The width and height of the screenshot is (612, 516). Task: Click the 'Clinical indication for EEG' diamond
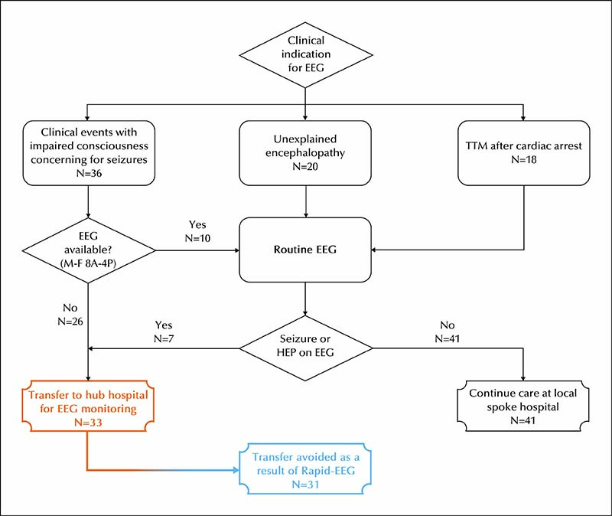[x=305, y=54]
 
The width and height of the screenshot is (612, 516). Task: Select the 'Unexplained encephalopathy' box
[x=305, y=152]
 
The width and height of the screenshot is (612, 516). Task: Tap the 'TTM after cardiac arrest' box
[x=523, y=152]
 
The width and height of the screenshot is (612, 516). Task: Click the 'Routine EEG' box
[x=305, y=250]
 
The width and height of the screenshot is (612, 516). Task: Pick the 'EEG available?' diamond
[x=89, y=250]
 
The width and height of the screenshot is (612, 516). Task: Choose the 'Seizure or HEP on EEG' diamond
[x=305, y=348]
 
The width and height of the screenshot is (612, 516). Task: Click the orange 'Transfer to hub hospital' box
[x=88, y=406]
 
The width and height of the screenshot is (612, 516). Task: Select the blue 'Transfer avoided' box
[x=305, y=469]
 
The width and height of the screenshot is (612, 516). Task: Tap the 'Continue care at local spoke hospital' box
[x=523, y=406]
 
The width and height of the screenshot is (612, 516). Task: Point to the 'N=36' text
[x=89, y=173]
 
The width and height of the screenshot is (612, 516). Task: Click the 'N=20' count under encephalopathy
[x=305, y=166]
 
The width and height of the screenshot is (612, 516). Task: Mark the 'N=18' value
[x=524, y=159]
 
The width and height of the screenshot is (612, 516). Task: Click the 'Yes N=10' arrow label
[x=197, y=231]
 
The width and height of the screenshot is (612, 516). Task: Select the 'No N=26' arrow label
[x=70, y=315]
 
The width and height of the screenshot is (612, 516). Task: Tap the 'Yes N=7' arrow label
[x=164, y=331]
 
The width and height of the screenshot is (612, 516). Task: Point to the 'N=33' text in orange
[x=88, y=423]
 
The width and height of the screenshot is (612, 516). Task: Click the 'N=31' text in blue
[x=305, y=485]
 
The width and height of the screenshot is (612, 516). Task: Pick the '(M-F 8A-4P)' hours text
[x=88, y=263]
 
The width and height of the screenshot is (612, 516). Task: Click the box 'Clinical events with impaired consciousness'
[x=89, y=152]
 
